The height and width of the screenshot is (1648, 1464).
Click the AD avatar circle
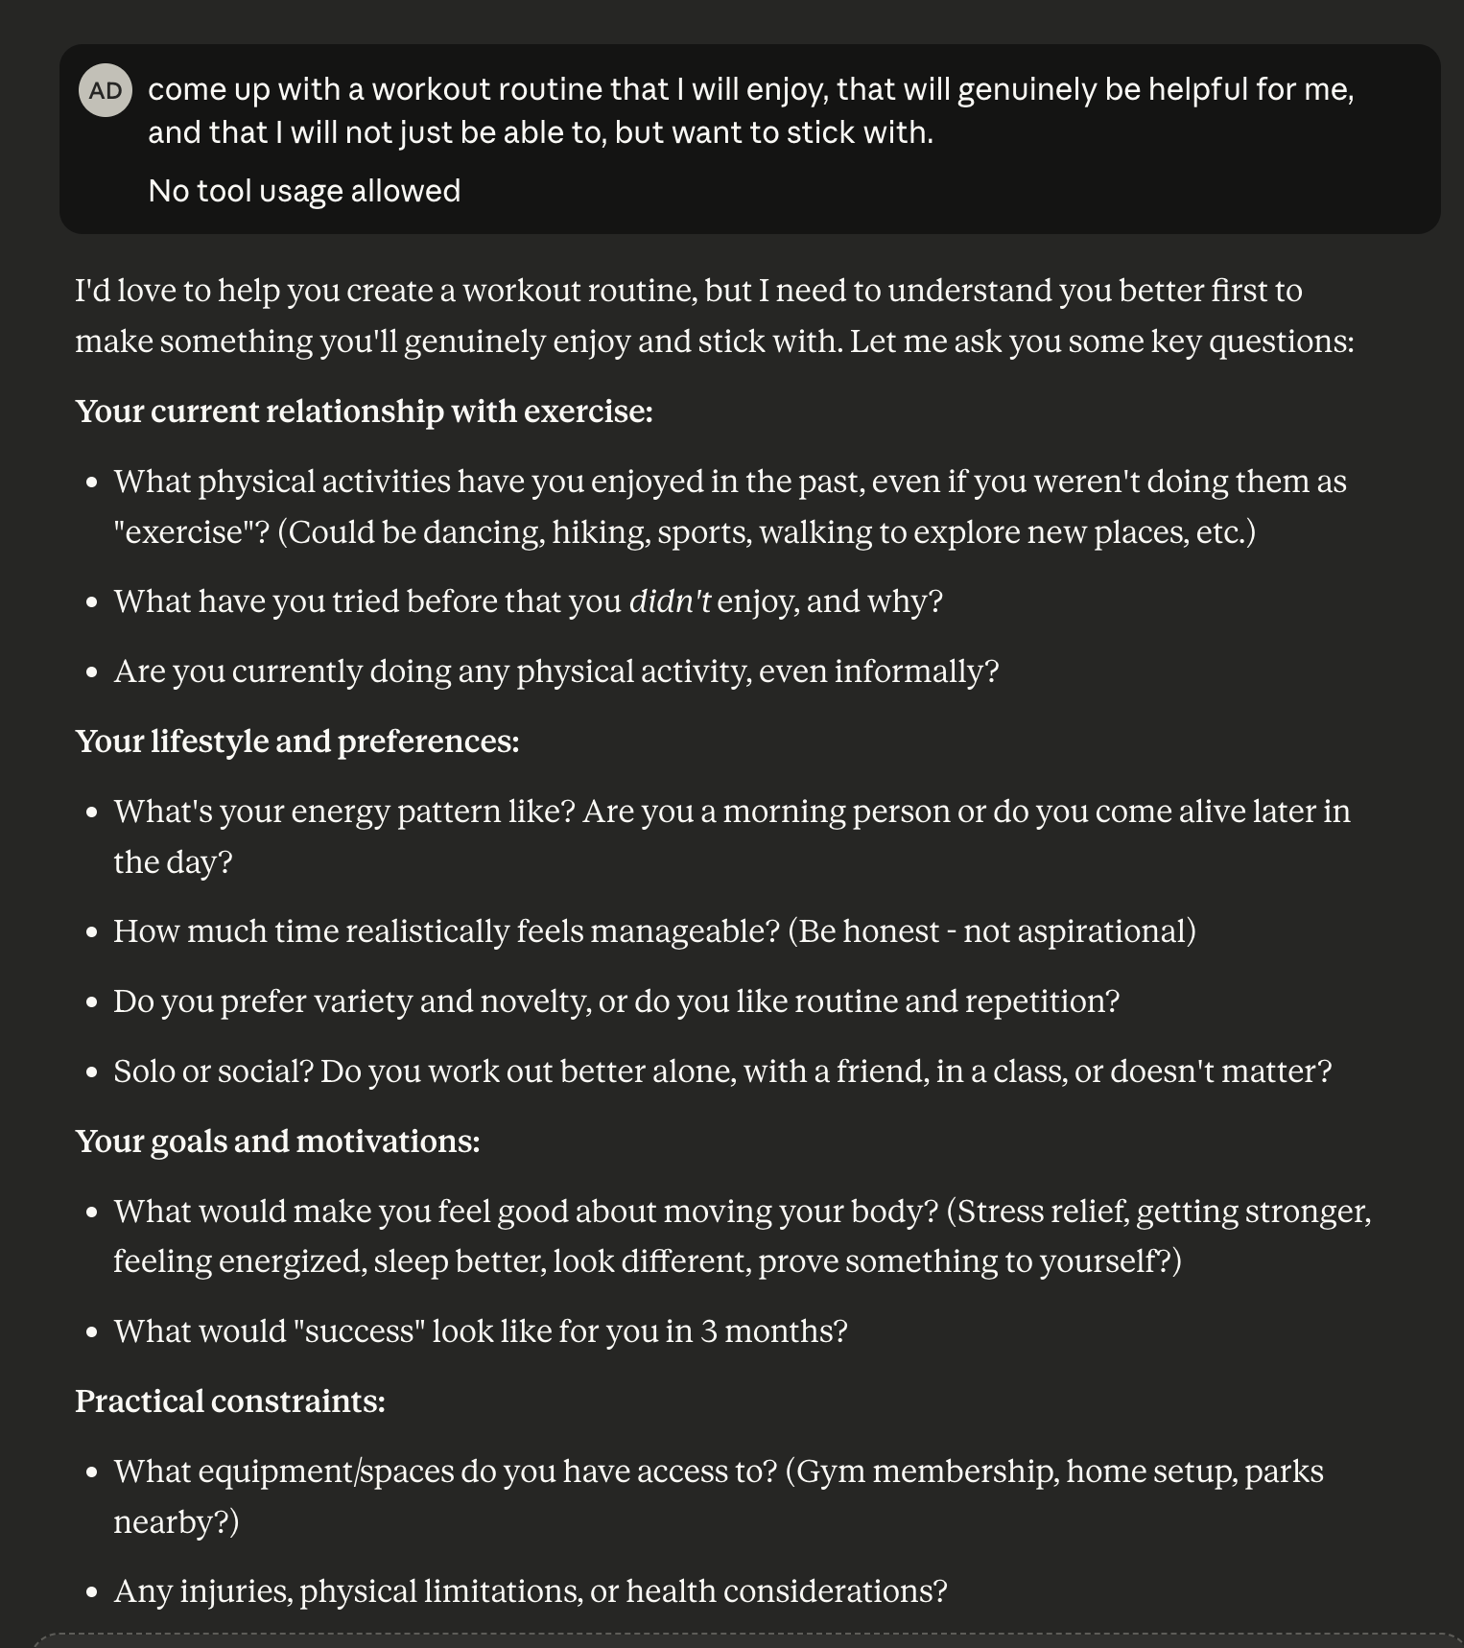pos(106,90)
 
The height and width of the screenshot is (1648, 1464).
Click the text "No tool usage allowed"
pos(304,191)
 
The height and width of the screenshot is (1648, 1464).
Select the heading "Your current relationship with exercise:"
pos(364,412)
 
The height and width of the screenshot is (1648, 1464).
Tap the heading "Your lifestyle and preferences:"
pos(296,742)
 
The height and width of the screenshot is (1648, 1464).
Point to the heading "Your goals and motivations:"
pos(277,1142)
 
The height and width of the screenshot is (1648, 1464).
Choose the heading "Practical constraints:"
pos(230,1401)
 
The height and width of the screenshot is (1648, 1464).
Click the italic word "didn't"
pos(670,601)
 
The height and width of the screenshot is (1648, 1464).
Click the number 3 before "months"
pos(708,1331)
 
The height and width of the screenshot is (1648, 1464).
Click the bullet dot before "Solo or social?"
pos(92,1072)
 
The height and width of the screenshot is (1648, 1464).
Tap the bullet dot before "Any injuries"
pos(92,1592)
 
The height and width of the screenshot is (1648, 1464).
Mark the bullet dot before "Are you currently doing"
pos(92,672)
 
